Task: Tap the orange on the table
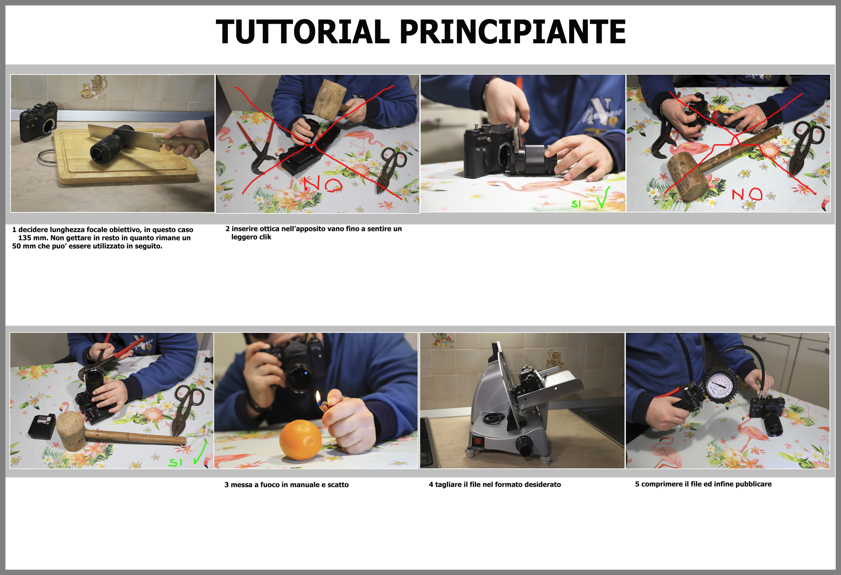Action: tap(300, 440)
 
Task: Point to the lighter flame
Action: tap(318, 398)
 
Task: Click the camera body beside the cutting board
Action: tap(38, 123)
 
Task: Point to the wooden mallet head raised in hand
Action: tap(329, 98)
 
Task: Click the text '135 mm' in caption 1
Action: tap(32, 238)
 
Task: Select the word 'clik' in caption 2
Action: tap(265, 237)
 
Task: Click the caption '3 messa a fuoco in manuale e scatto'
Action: tap(286, 485)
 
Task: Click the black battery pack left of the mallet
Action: tap(42, 426)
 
